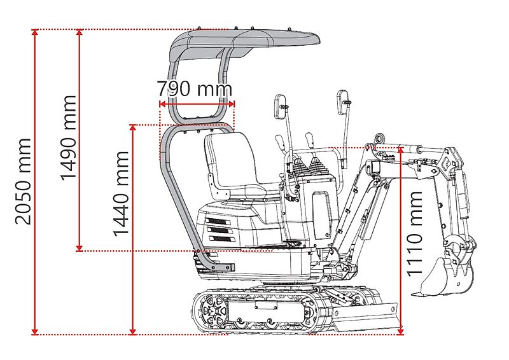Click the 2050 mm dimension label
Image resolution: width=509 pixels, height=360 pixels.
pos(23,181)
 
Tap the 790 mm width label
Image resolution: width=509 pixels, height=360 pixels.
pos(194,87)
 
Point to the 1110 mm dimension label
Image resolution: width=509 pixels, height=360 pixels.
pos(415,233)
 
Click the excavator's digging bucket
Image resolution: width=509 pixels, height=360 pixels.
pos(439,277)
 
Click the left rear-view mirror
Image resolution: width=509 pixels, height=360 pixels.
pos(281,106)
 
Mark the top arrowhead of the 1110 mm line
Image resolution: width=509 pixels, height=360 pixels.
pos(401,150)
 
